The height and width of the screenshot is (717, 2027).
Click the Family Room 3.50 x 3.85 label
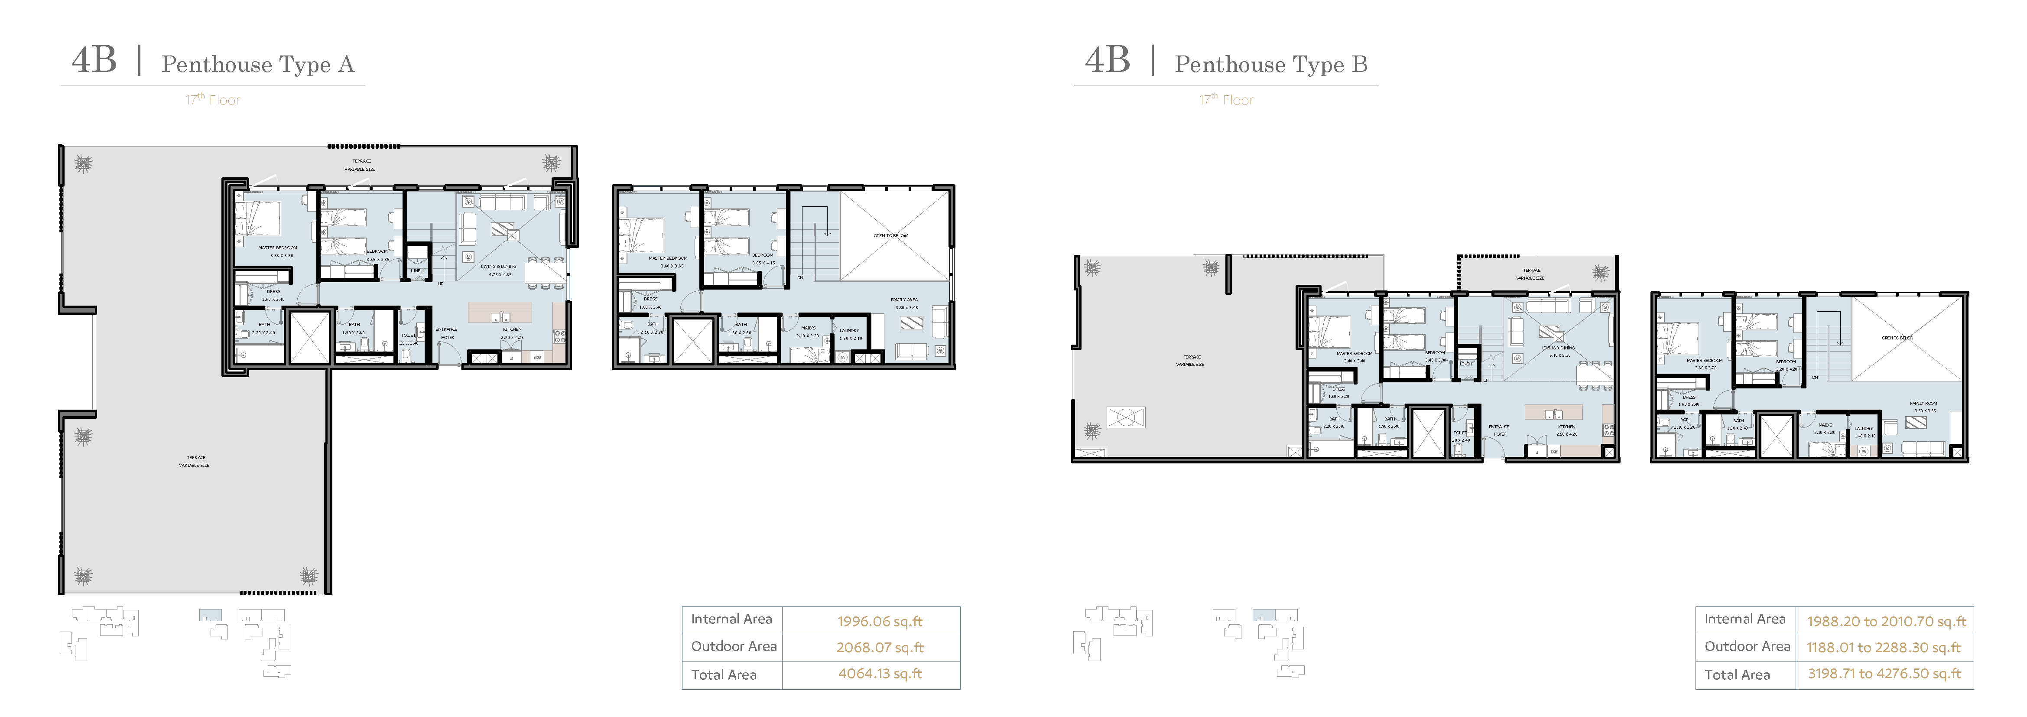coord(1923,407)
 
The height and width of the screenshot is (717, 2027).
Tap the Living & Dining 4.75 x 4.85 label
coord(499,270)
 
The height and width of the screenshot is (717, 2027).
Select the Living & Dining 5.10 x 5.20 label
coord(1558,351)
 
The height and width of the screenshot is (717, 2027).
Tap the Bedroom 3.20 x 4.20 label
coord(1785,365)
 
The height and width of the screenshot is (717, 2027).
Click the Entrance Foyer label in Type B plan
coord(1498,430)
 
